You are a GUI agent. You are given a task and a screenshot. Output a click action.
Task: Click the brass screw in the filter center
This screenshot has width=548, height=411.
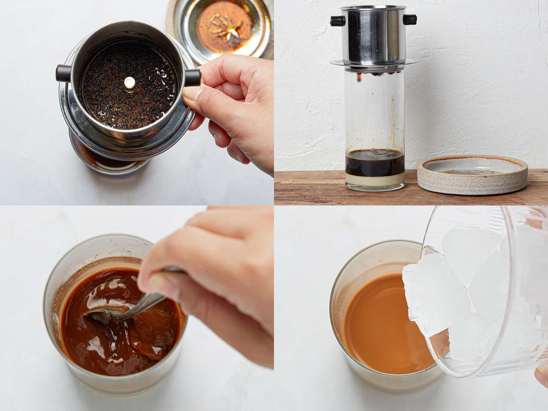pos(129,83)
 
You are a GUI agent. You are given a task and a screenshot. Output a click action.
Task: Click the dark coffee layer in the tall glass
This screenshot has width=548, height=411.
pos(374,164)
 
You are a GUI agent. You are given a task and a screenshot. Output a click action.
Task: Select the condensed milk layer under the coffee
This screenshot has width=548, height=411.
pos(374,179)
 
